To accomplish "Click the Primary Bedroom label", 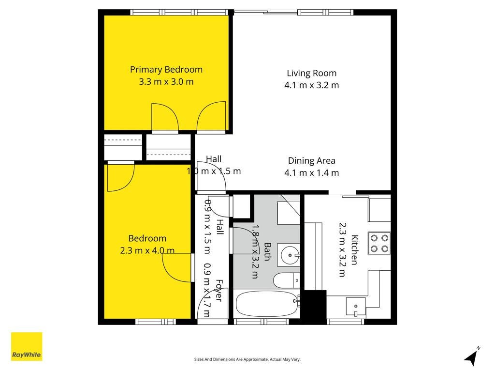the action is (x=166, y=70).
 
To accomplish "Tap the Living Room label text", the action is (x=312, y=73).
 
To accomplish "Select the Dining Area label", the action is (x=312, y=161).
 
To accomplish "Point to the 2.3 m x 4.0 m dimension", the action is (x=147, y=250).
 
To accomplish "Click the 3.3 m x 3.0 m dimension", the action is (x=166, y=81).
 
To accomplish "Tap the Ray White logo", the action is (x=27, y=346).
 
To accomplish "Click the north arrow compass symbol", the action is (x=472, y=356).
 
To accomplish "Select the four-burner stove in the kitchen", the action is (x=379, y=243).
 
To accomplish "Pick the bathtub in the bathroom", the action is (x=267, y=304).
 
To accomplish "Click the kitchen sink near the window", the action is (x=356, y=306).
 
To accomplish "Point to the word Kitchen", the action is (x=354, y=250).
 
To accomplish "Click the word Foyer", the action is (x=219, y=290).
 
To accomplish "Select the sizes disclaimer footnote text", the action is (x=247, y=359).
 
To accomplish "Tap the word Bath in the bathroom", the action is (x=267, y=251).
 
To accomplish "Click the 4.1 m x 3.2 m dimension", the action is (x=312, y=85).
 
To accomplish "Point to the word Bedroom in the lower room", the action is (x=147, y=238).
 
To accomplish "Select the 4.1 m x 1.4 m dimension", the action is (x=312, y=173).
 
